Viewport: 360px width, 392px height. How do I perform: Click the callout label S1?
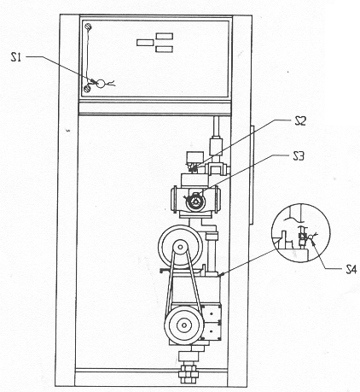[16, 57]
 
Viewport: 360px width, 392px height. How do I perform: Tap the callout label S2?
[300, 121]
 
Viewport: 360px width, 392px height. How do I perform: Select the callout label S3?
[299, 156]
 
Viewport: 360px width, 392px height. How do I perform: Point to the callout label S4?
[351, 269]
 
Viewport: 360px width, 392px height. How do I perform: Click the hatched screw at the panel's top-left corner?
[89, 26]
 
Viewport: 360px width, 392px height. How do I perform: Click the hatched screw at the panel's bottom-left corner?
[87, 88]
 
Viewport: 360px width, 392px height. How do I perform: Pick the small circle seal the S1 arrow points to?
[101, 84]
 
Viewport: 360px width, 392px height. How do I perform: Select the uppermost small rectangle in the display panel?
[165, 36]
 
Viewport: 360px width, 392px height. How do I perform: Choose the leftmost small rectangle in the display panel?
[145, 43]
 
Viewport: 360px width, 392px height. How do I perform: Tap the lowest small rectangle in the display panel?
[165, 50]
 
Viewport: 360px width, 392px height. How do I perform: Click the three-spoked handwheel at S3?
[195, 202]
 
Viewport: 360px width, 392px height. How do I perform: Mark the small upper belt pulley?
[181, 247]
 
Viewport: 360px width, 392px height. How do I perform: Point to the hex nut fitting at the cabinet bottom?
[189, 372]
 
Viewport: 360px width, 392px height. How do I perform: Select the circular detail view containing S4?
[301, 232]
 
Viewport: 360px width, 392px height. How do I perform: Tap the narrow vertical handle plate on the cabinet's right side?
[251, 174]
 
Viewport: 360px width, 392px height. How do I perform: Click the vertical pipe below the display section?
[217, 127]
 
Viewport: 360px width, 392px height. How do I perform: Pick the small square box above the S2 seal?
[195, 157]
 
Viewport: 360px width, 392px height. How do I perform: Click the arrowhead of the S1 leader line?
[93, 81]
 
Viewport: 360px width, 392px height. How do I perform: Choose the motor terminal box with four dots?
[212, 322]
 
